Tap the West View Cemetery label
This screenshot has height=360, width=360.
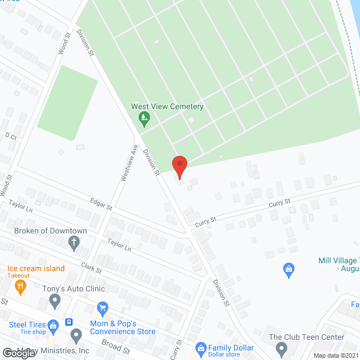(167, 106)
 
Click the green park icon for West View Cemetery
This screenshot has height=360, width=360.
(145, 118)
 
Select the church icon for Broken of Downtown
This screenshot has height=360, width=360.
(74, 242)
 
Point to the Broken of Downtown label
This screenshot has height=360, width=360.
(51, 231)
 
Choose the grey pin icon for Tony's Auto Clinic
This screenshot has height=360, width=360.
(55, 302)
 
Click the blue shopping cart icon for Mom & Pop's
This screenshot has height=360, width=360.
(102, 308)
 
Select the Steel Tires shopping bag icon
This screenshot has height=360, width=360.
(53, 325)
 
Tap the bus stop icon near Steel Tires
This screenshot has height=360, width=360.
(69, 322)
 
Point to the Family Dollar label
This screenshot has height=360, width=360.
(232, 348)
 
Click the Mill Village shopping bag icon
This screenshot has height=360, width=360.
(289, 269)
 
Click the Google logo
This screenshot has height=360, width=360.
(18, 352)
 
